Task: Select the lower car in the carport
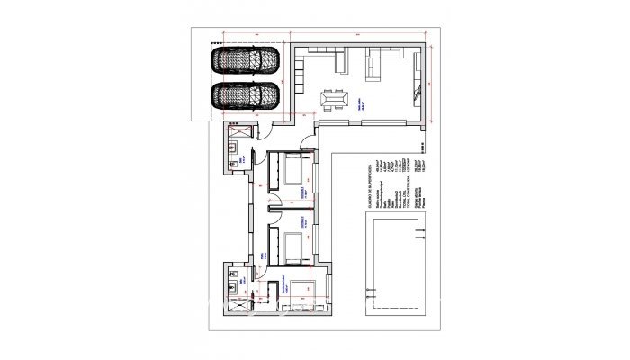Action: tap(245, 94)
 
